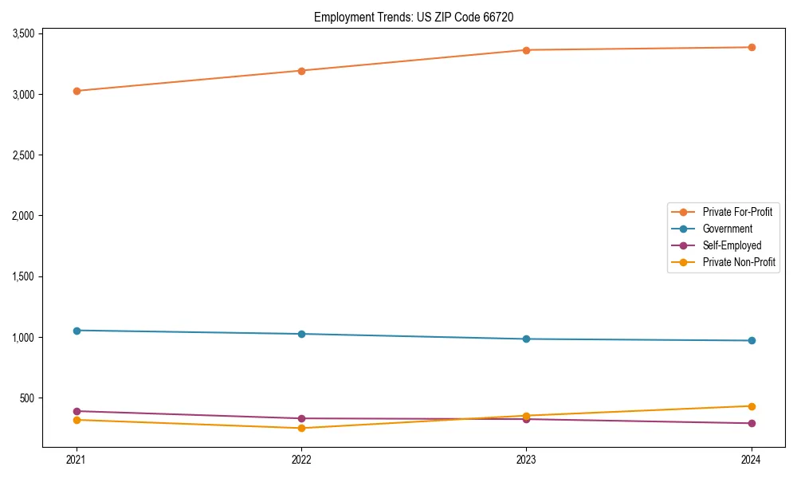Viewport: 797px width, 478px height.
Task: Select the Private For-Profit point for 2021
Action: [77, 91]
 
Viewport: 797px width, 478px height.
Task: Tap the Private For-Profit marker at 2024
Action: [751, 47]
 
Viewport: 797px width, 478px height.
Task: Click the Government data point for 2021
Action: [77, 331]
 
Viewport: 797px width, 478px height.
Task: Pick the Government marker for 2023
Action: [526, 339]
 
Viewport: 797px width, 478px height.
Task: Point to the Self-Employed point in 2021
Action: [77, 411]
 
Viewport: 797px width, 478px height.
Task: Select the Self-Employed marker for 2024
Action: [751, 423]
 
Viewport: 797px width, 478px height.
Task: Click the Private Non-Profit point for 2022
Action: [301, 428]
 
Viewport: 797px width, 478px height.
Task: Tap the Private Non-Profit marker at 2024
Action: [751, 406]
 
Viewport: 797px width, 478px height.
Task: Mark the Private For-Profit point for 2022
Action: [301, 71]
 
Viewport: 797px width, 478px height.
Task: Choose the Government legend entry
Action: [727, 229]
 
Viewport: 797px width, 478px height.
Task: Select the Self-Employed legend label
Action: [732, 245]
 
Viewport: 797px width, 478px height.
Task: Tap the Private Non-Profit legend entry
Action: [739, 262]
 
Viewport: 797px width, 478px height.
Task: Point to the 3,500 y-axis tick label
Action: [22, 33]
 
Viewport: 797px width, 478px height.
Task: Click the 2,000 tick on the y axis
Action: [22, 216]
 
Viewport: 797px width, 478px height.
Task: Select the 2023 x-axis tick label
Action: [526, 459]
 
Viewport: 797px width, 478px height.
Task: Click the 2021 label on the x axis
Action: [77, 459]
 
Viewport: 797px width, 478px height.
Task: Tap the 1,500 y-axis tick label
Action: [22, 276]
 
